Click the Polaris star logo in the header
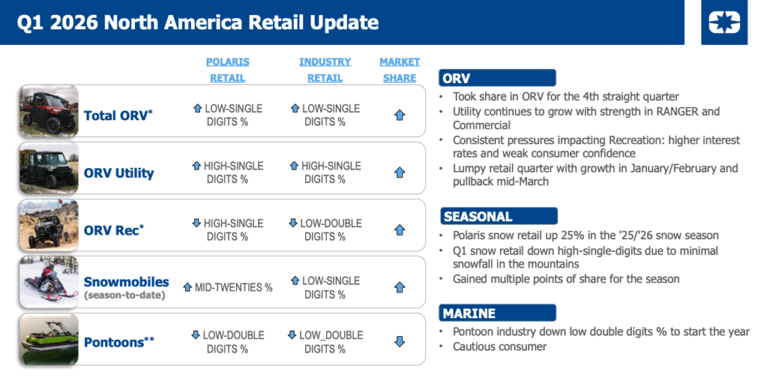(724, 22)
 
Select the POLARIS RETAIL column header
(228, 69)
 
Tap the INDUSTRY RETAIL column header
(325, 69)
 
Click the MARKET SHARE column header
(400, 69)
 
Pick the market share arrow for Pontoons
(400, 341)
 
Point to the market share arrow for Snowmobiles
(400, 288)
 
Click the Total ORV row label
(118, 115)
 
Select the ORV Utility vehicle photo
(48, 168)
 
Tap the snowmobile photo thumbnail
(48, 282)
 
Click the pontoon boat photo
(48, 340)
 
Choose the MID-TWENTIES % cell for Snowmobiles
(228, 288)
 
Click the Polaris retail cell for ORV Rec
(228, 230)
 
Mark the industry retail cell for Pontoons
(325, 341)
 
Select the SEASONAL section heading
(499, 216)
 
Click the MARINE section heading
(498, 313)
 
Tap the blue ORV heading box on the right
(498, 78)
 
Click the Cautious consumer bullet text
(499, 347)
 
